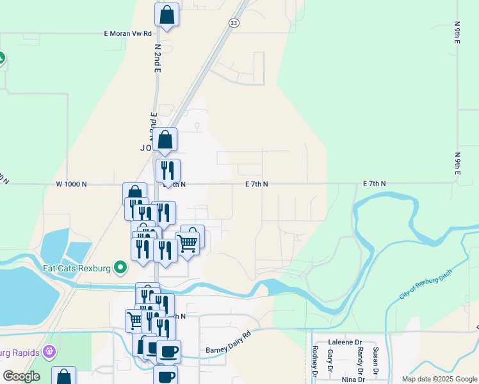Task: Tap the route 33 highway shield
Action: [234, 22]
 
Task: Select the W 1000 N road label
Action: [71, 184]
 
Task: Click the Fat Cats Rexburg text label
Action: [77, 268]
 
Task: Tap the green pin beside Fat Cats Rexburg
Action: [120, 268]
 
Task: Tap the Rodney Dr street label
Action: [314, 361]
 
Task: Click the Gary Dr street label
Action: [330, 361]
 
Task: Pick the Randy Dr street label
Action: [360, 361]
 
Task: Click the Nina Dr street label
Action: [352, 379]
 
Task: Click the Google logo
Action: [22, 376]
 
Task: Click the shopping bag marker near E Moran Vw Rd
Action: [166, 15]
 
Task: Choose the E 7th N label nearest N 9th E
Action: [375, 184]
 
